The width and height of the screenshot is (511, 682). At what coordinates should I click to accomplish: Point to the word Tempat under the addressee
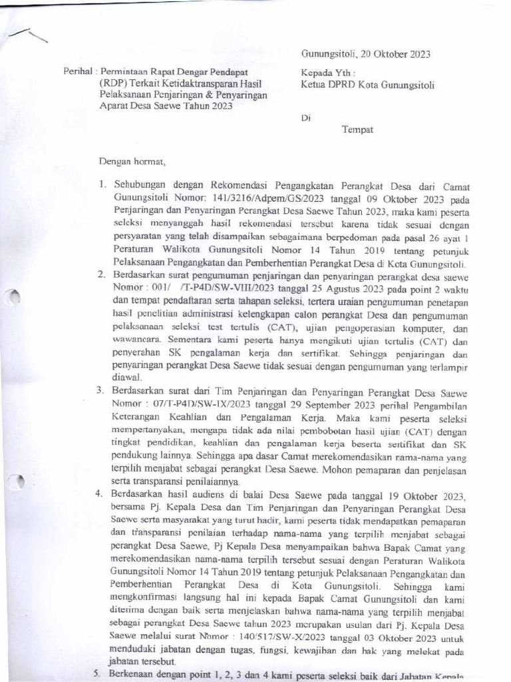click(x=357, y=130)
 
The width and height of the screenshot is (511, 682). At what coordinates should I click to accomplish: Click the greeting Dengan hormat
click(x=132, y=161)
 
